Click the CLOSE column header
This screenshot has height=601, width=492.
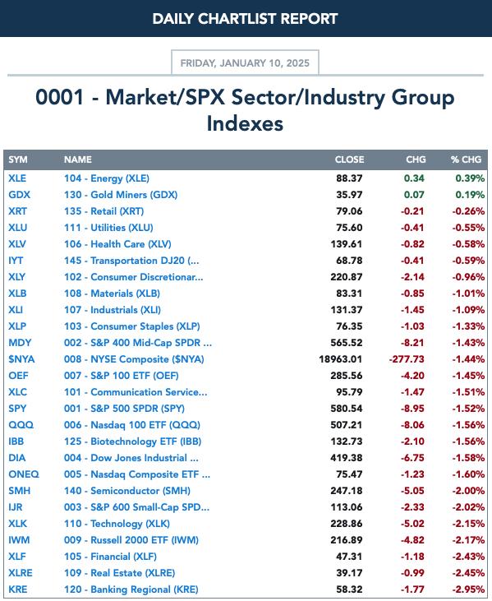pos(349,159)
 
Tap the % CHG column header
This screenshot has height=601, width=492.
pos(466,159)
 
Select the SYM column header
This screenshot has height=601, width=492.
pos(18,159)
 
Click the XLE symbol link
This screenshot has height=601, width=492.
pos(17,178)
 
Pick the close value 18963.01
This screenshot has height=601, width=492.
pos(340,359)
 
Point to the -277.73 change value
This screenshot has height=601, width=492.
pos(407,359)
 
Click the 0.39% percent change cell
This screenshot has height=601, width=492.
pos(470,178)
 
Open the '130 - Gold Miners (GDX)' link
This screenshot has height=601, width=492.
pos(121,195)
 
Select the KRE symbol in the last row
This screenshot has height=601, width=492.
pos(17,589)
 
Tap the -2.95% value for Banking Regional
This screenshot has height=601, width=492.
pos(469,589)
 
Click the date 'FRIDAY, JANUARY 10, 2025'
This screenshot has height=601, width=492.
pos(245,62)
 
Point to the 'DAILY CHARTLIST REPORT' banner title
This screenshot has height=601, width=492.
pos(245,19)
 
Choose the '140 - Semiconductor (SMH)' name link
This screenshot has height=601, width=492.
pos(127,491)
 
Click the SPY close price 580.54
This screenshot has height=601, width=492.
pos(347,409)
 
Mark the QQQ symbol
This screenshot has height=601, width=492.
pos(21,425)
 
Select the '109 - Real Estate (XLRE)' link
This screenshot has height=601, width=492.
pos(119,573)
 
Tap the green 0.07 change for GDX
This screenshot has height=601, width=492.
pos(414,195)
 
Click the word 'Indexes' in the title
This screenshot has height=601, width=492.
pos(245,123)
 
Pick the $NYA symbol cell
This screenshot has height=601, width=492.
pos(21,359)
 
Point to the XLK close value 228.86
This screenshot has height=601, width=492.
pos(347,524)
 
